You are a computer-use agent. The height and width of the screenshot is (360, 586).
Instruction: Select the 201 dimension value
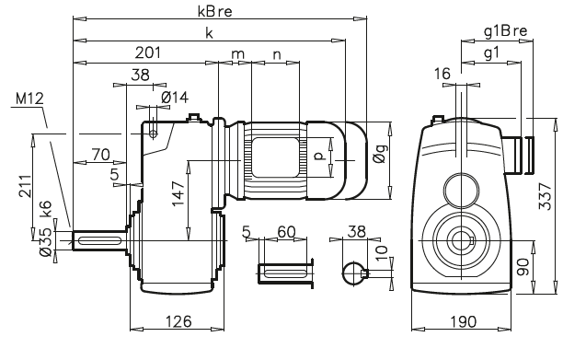pos(147,52)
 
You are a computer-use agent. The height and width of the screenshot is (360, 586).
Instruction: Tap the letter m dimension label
pos(238,54)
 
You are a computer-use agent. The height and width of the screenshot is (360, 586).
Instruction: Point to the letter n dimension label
pos(278,54)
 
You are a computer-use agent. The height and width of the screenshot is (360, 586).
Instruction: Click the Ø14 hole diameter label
pos(175,97)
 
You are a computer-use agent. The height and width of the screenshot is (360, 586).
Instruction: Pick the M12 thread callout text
pos(30,99)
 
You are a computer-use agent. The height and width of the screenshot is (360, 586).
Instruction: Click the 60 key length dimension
pos(286,229)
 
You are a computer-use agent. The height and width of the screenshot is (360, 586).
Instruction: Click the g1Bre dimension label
pos(505,31)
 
